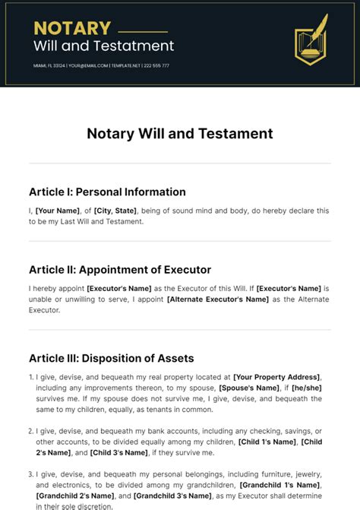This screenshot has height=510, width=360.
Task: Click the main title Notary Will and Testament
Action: pos(180,134)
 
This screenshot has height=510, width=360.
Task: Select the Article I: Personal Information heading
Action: pos(107,192)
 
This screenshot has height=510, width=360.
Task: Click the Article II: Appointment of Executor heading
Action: pos(120,269)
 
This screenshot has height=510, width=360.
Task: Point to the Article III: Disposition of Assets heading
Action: pos(112,358)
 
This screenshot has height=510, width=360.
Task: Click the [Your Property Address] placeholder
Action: pos(276,377)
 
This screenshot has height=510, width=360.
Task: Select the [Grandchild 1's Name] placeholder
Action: pos(279,485)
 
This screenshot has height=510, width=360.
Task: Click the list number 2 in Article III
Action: pos(31,431)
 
